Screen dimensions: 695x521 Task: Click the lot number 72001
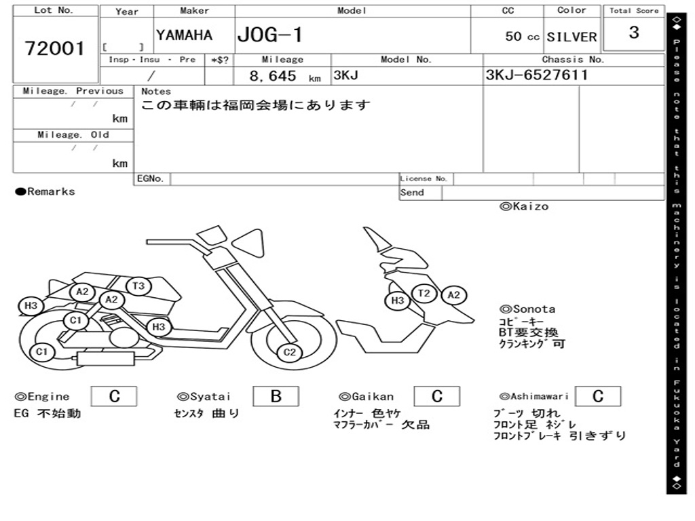[x=55, y=48]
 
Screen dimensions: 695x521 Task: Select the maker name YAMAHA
[x=184, y=35]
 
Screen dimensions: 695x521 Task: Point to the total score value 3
[x=634, y=33]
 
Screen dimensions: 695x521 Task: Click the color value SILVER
[x=571, y=37]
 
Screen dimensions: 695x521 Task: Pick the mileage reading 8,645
[x=273, y=76]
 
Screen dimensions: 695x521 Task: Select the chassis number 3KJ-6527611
[x=536, y=75]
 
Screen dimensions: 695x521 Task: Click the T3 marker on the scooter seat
[x=138, y=286]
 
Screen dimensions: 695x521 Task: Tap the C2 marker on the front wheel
[x=290, y=351]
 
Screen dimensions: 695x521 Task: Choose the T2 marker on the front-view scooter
[x=424, y=293]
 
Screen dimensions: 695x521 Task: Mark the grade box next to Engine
[x=114, y=396]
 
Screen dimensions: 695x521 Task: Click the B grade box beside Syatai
[x=276, y=396]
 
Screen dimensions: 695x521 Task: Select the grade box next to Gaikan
[x=436, y=396]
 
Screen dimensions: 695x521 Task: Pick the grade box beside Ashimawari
[x=597, y=396]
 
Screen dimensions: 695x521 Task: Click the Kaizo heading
[x=524, y=206]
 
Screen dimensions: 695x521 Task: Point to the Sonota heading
[x=527, y=309]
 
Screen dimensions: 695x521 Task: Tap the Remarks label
[x=45, y=191]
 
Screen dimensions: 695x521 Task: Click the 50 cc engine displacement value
[x=522, y=37]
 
